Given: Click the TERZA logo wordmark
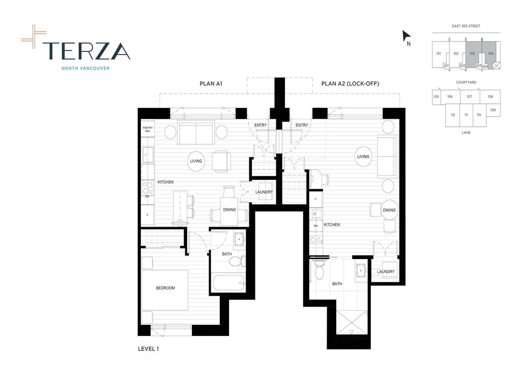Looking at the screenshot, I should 86,50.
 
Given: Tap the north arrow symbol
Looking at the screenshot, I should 406,36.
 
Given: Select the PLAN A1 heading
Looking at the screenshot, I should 211,83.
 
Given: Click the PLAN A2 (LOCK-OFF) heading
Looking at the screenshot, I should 350,83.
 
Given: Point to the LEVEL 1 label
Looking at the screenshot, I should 149,349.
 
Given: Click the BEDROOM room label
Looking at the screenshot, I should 165,288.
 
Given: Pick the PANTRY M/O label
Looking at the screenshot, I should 148,130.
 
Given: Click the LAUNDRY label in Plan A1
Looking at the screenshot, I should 264,192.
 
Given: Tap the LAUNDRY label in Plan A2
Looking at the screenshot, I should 386,272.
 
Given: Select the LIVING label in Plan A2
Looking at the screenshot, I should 363,156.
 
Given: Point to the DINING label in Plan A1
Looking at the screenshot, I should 229,209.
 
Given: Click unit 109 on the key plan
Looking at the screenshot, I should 493,110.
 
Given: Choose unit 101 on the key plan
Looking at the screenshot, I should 438,53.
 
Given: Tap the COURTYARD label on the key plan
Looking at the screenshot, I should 466,82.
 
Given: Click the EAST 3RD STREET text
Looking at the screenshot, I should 466,26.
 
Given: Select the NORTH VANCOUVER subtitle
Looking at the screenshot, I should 85,68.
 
